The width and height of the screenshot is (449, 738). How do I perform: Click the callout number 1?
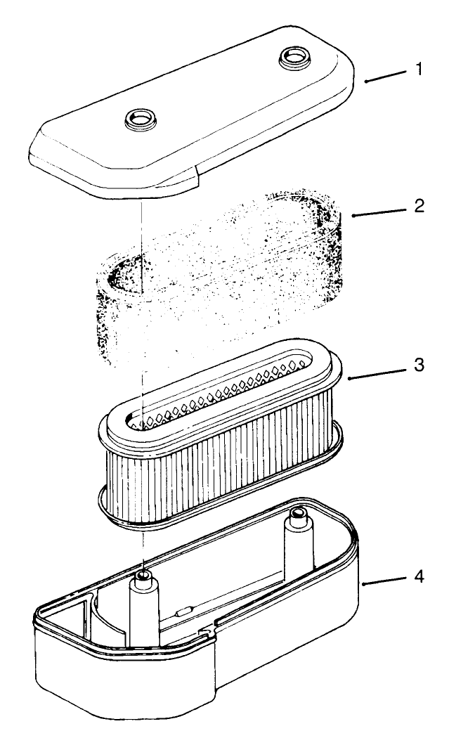coord(419,72)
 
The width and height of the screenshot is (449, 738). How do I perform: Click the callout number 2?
coord(418,207)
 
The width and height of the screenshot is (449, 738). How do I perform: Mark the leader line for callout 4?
coord(386,580)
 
